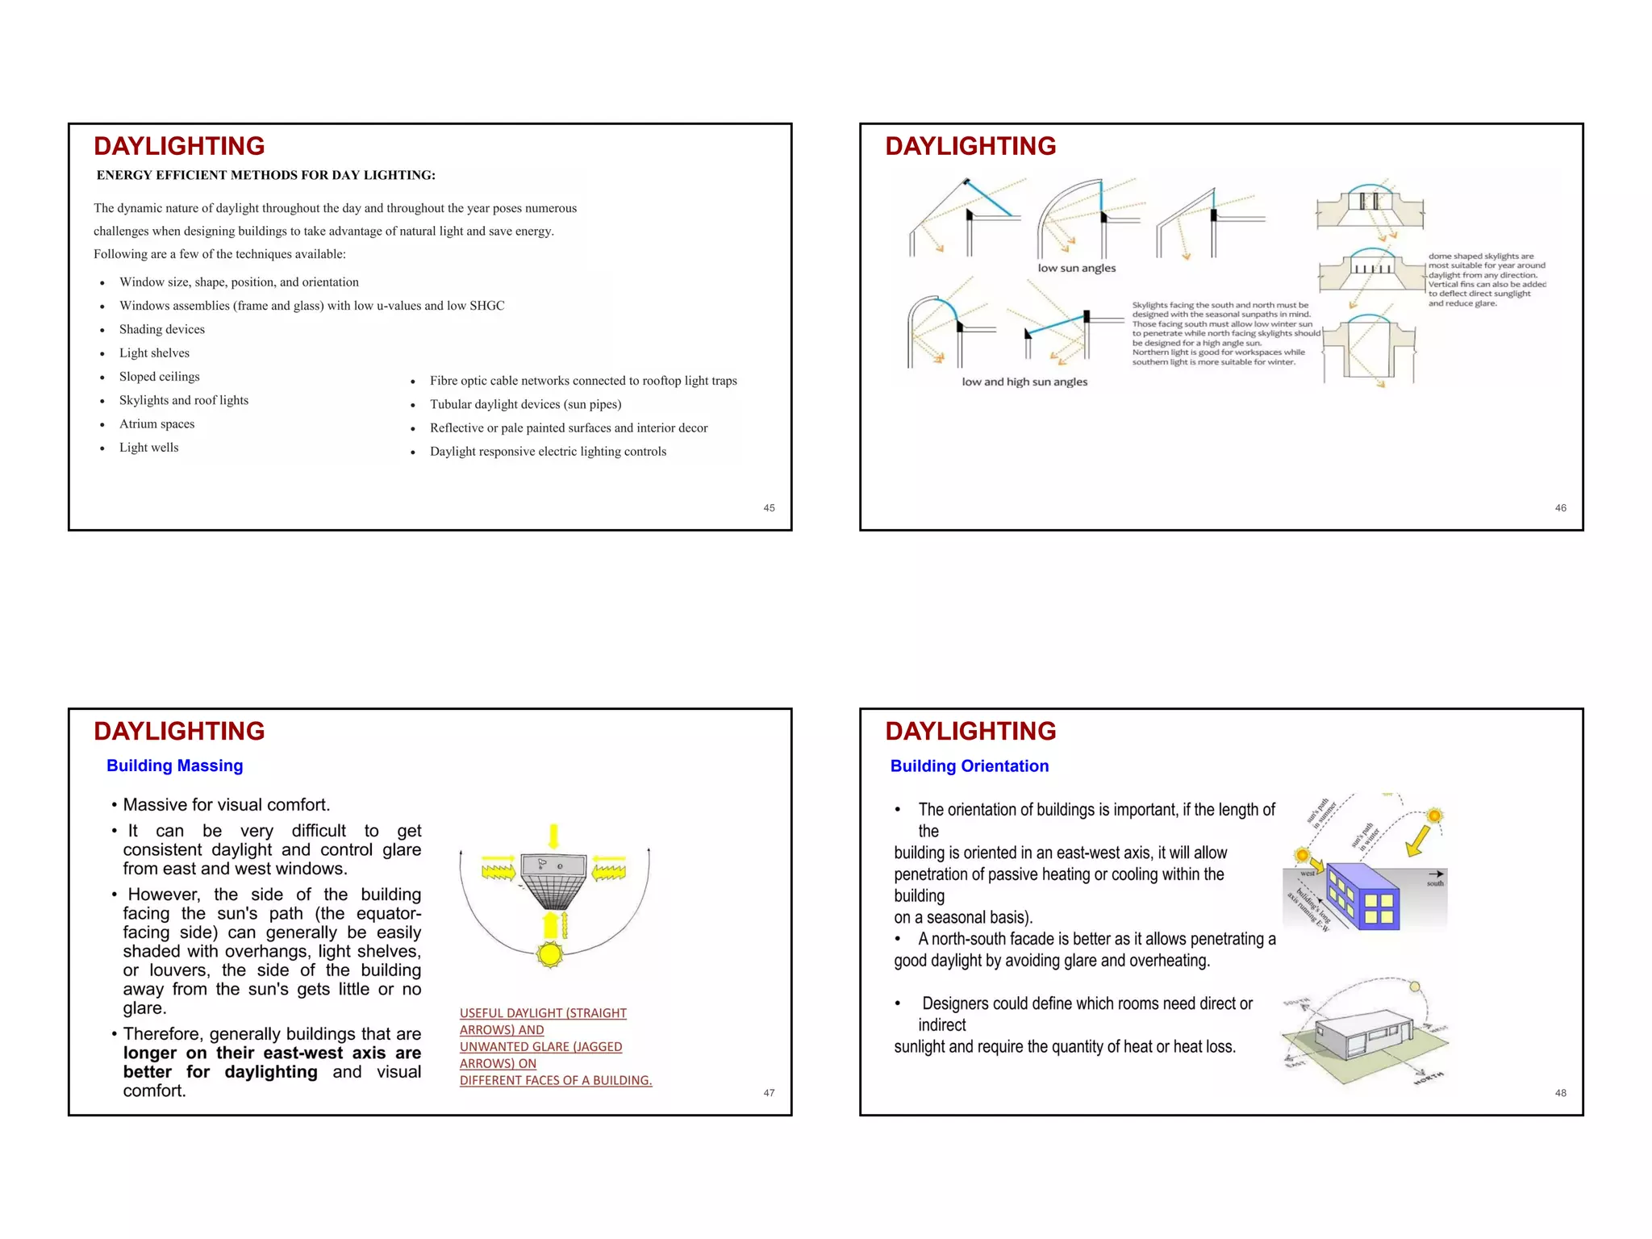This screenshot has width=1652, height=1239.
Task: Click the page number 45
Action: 769,508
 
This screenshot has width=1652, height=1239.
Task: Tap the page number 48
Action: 1560,1093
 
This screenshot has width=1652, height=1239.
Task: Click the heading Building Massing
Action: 174,766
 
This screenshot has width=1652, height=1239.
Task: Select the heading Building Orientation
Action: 969,766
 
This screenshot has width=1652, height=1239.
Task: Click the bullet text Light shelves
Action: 154,353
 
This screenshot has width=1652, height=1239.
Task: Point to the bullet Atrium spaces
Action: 156,424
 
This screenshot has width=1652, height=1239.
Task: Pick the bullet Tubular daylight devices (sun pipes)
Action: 525,405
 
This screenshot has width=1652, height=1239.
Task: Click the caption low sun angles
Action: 1076,269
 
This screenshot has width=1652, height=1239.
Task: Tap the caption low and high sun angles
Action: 1024,382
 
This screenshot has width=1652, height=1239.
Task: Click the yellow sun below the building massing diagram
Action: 550,955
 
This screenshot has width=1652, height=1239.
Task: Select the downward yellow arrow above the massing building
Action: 553,836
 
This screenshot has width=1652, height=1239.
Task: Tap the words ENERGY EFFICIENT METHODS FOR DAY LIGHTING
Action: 265,175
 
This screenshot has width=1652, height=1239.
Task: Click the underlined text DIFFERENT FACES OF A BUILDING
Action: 556,1081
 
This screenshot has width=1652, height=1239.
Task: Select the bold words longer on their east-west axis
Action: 272,1053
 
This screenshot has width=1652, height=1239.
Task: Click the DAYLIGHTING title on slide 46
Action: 970,146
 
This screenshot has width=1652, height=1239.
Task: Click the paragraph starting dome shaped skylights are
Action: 1486,280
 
